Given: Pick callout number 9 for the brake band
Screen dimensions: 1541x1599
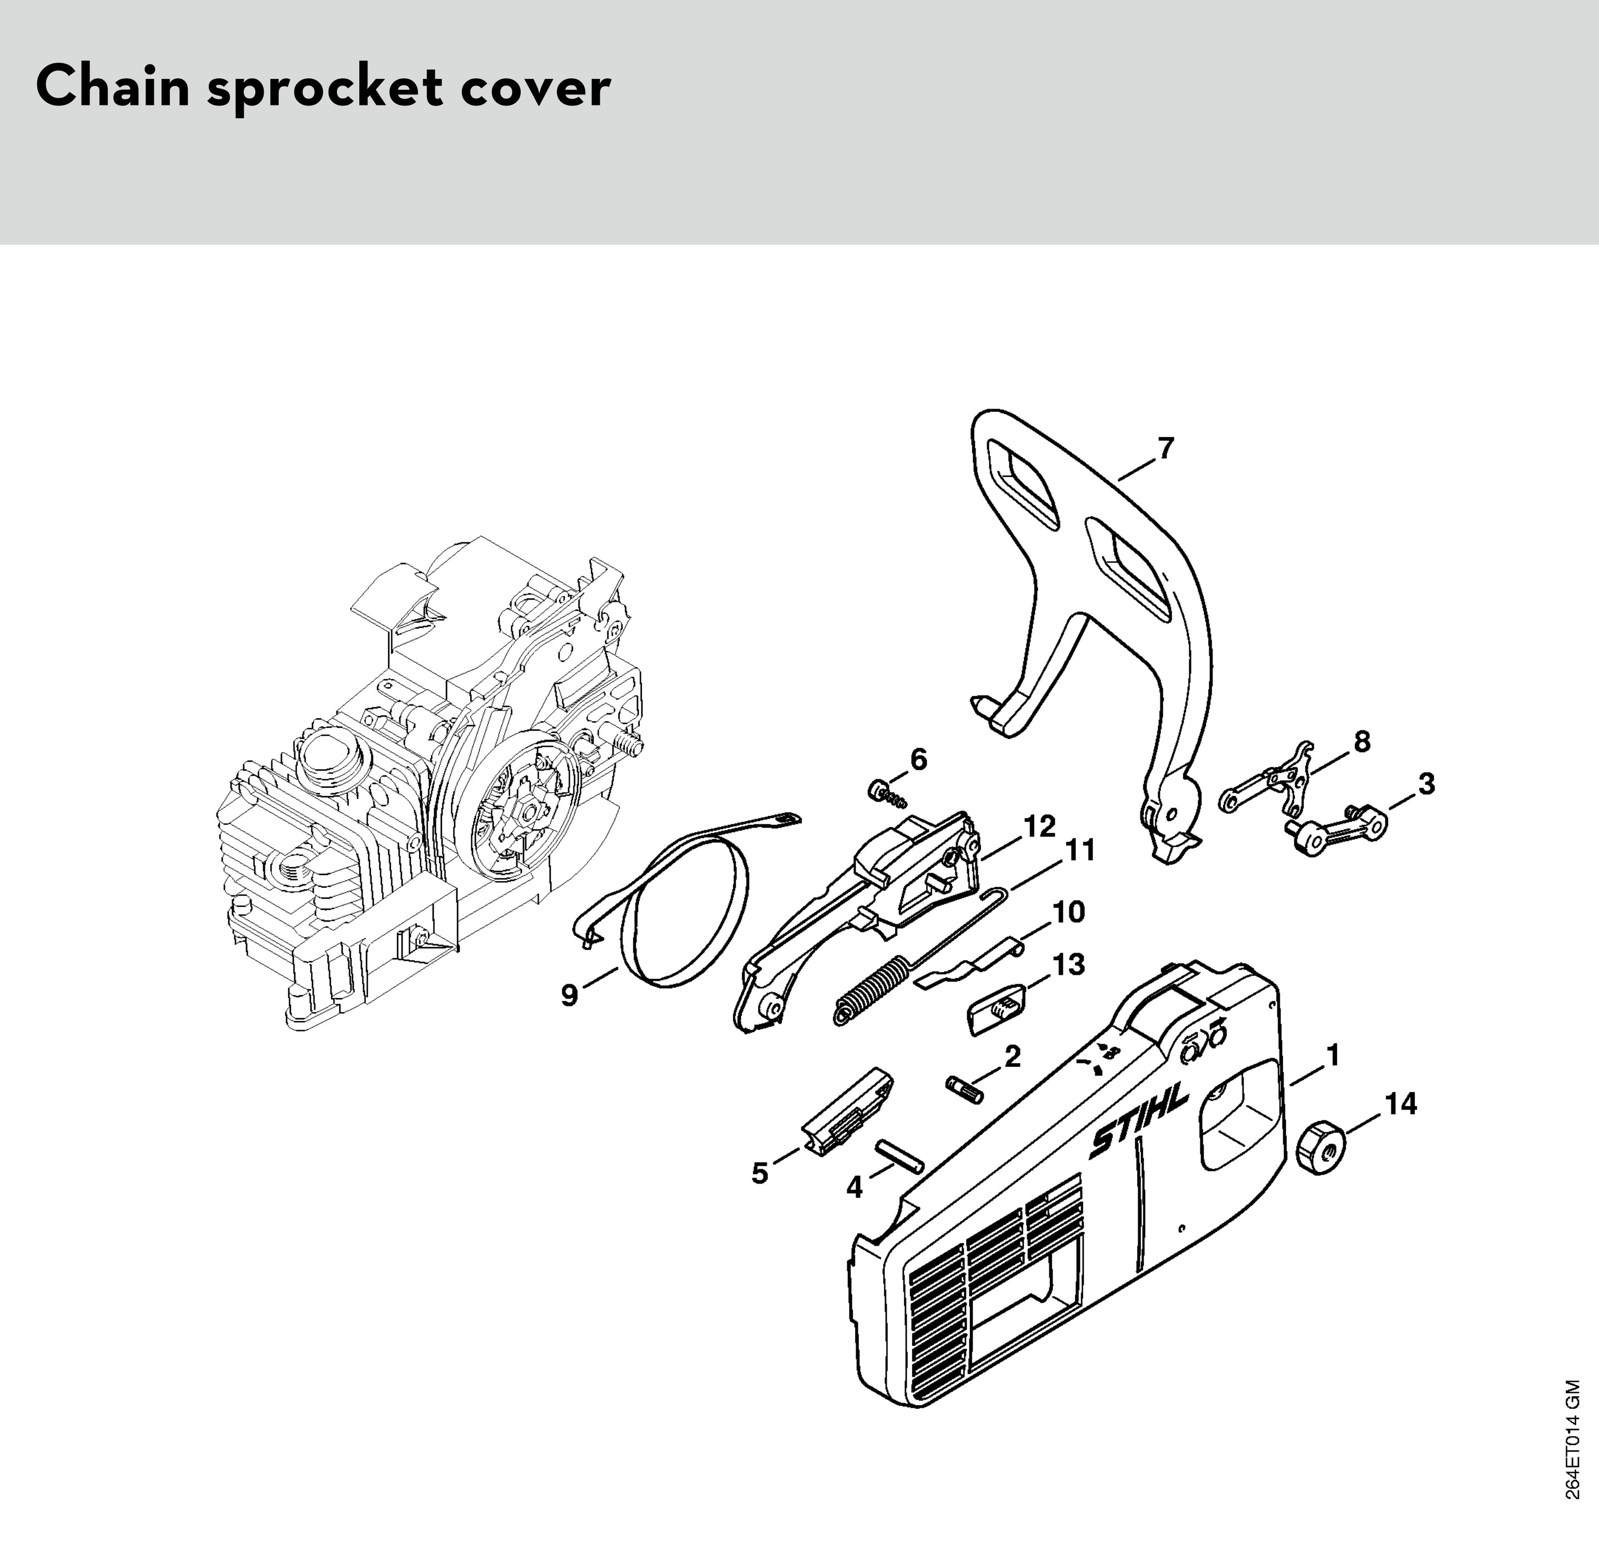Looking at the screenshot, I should click(x=570, y=995).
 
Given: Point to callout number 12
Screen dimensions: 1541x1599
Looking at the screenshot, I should click(x=1039, y=827).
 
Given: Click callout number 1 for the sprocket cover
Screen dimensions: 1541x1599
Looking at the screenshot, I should click(x=1332, y=1056).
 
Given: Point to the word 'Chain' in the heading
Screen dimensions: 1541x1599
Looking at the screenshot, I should click(x=113, y=88).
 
